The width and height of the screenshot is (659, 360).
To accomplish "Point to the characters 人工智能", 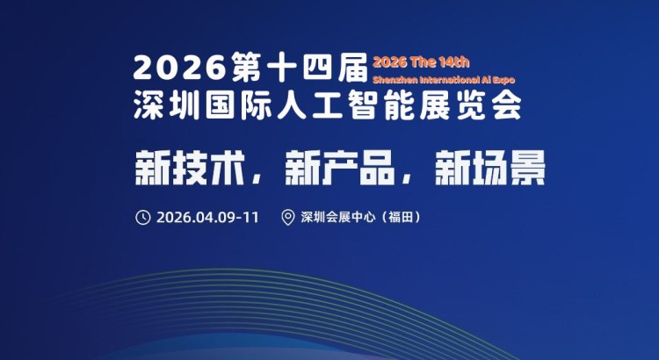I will pos(341,105).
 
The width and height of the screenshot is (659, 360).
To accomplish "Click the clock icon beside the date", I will pos(143,218).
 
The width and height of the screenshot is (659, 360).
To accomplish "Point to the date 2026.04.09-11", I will pos(207,218).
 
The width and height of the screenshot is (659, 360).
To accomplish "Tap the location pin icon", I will pos(287,218).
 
